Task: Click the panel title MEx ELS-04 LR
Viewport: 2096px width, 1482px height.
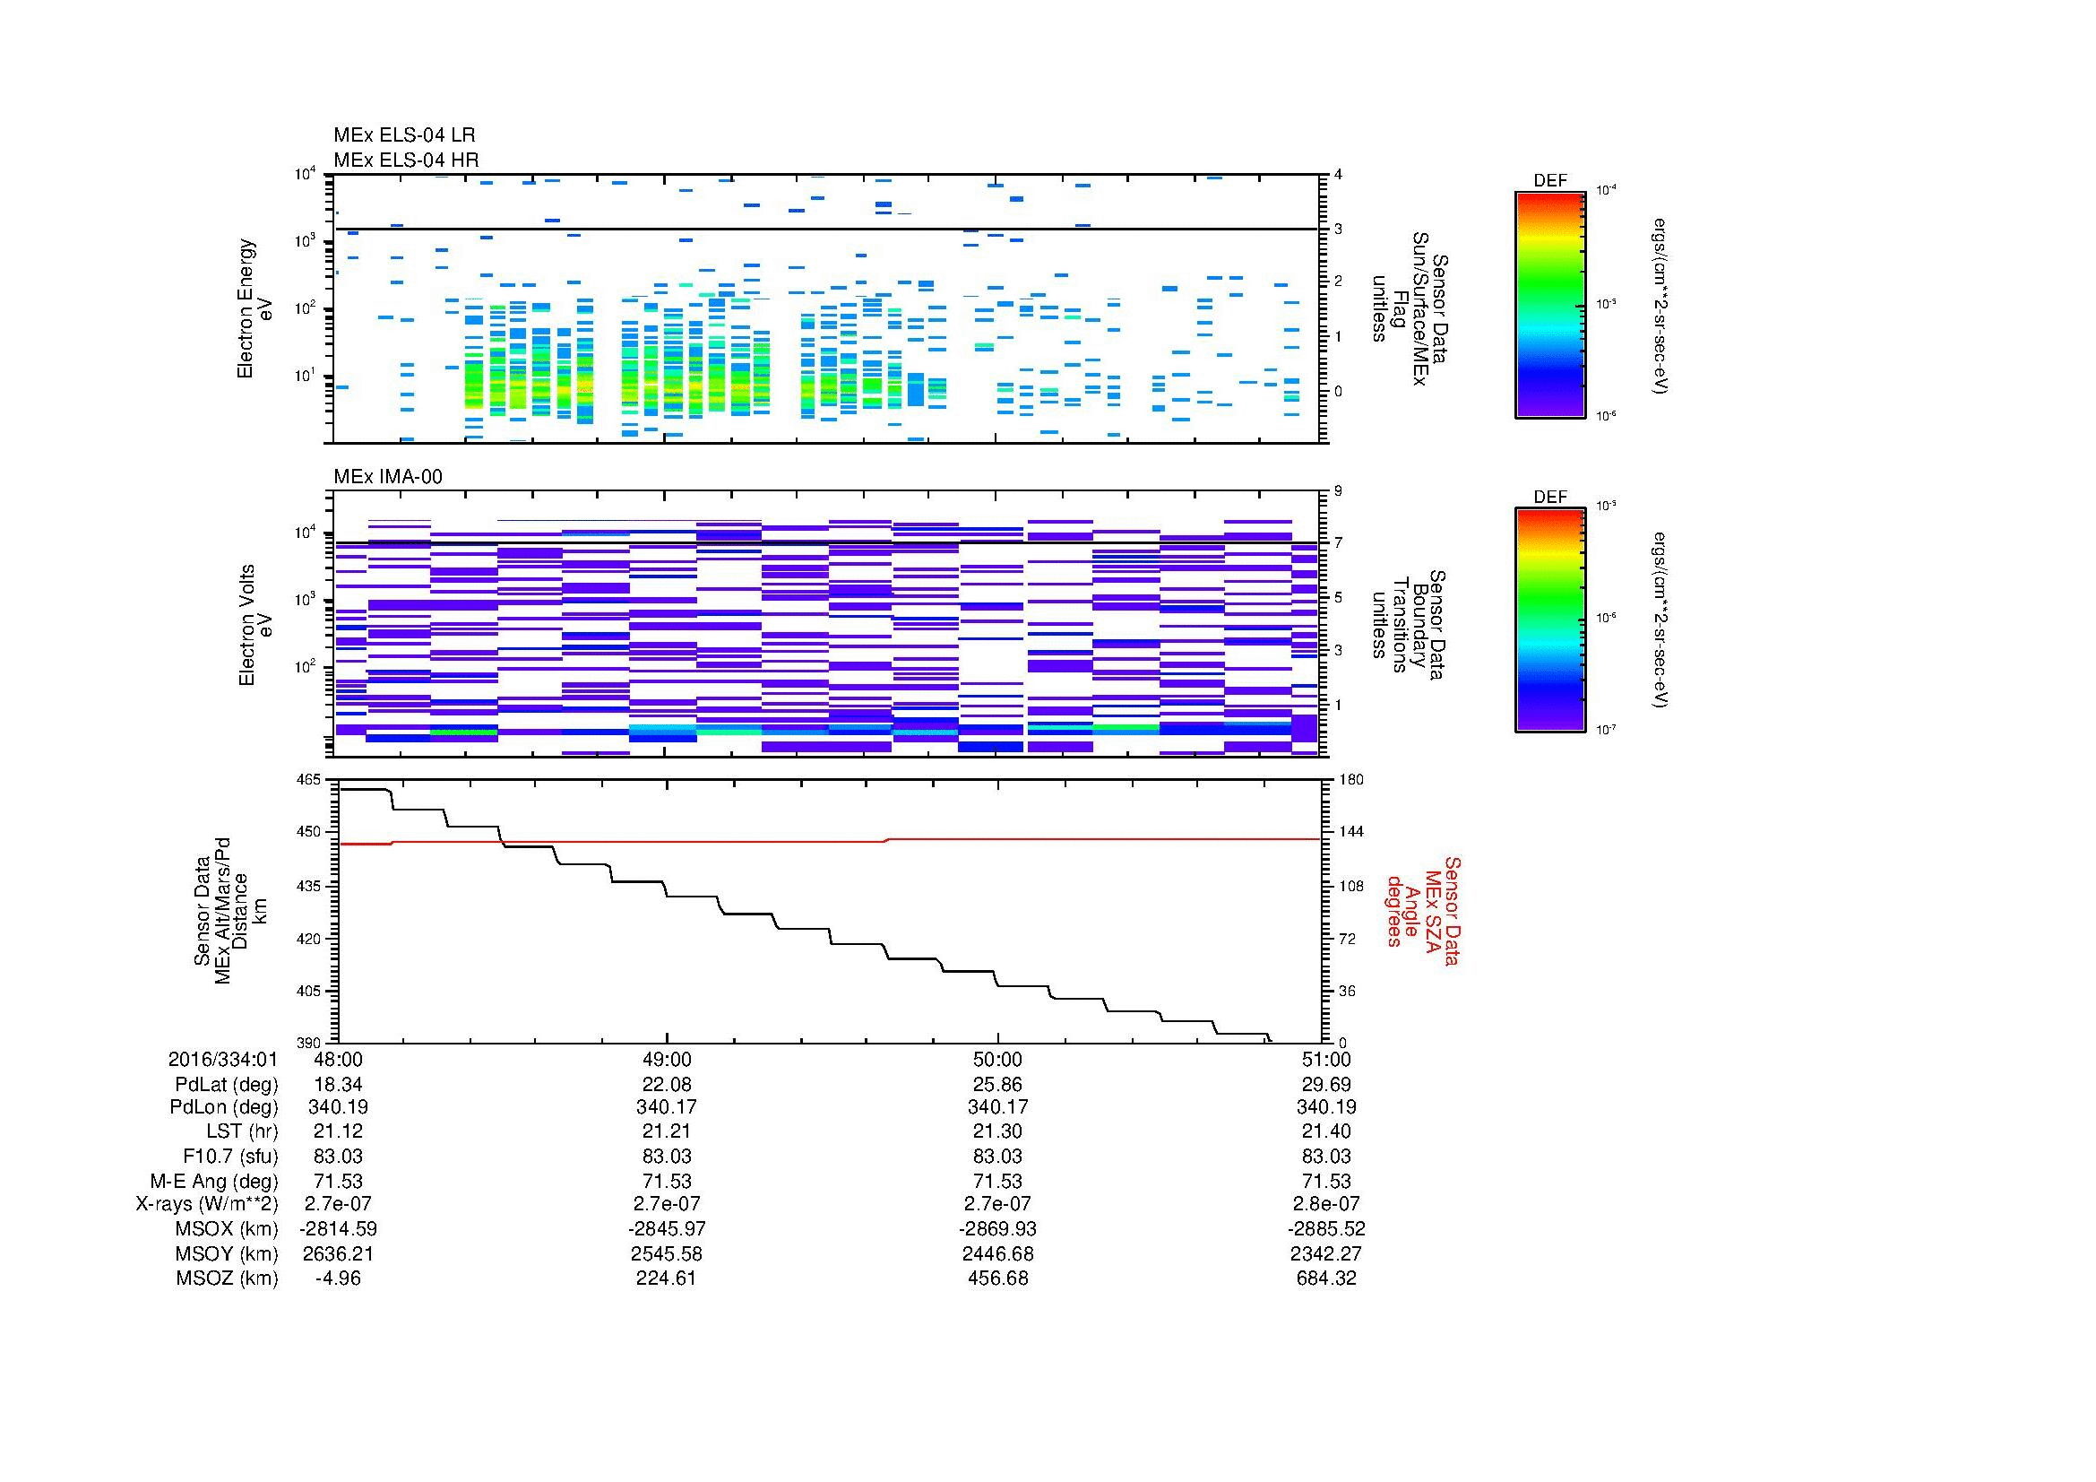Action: pos(404,135)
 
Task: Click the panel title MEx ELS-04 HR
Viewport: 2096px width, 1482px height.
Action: pos(406,160)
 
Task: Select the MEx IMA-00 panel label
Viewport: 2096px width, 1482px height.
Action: pos(388,477)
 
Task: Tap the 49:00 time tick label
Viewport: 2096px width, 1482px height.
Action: pos(668,1059)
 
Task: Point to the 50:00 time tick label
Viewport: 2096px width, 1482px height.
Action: pos(997,1059)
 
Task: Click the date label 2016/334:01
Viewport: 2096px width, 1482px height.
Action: pos(223,1059)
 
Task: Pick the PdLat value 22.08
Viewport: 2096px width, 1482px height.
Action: pos(668,1085)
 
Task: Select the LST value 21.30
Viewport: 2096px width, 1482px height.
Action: pos(997,1131)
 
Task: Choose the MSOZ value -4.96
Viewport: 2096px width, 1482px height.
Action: pos(338,1278)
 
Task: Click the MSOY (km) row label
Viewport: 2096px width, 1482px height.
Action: pos(227,1253)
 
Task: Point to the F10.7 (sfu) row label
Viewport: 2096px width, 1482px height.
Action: pos(230,1156)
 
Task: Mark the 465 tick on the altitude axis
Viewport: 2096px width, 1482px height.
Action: pos(309,780)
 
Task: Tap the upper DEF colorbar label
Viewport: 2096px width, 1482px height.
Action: pos(1550,181)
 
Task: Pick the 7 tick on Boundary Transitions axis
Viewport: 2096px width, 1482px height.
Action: pos(1338,542)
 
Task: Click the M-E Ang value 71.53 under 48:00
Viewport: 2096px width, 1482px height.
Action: pos(338,1181)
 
